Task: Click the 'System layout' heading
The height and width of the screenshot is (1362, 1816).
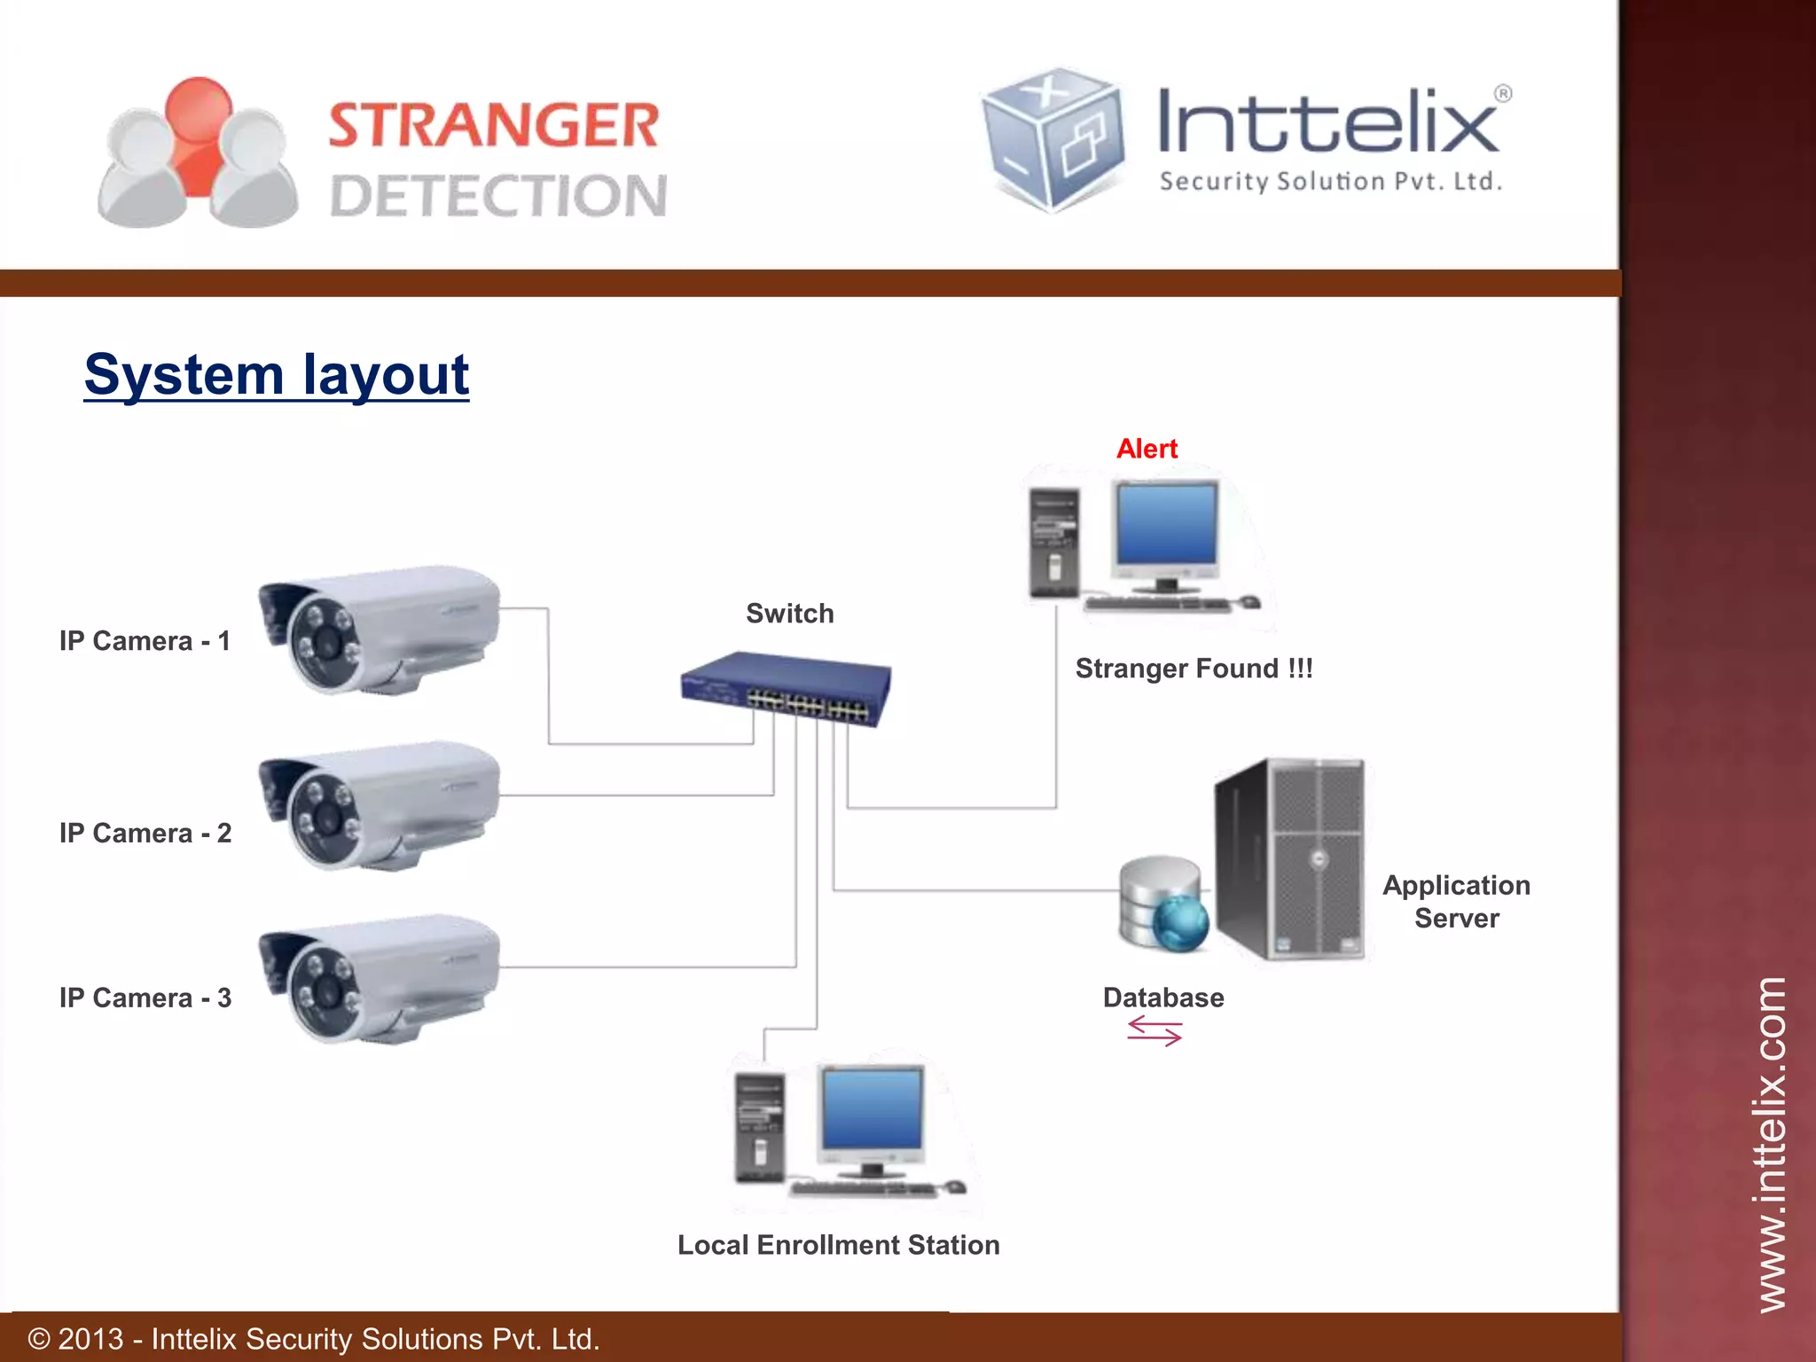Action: point(276,374)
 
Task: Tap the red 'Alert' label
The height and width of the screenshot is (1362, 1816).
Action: point(1147,449)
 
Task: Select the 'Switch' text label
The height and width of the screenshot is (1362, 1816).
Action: point(789,614)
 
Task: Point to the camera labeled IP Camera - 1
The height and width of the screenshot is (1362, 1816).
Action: point(380,629)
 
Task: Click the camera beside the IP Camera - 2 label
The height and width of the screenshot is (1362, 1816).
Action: point(380,804)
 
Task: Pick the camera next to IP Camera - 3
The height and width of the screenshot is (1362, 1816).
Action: point(380,978)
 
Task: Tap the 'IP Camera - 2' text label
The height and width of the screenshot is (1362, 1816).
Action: point(145,834)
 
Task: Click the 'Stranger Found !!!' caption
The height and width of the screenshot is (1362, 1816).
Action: point(1194,669)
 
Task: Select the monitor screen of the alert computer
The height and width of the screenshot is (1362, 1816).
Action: point(1167,523)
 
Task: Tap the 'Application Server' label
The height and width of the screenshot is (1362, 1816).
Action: point(1456,901)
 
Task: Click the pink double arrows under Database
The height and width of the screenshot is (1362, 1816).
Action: point(1155,1031)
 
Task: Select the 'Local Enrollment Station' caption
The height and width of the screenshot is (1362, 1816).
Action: point(838,1245)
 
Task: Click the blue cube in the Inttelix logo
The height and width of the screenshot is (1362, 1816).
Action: point(1053,138)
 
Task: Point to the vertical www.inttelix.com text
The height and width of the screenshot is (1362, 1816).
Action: point(1772,1144)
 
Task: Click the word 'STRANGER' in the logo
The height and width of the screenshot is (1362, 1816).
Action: point(494,125)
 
